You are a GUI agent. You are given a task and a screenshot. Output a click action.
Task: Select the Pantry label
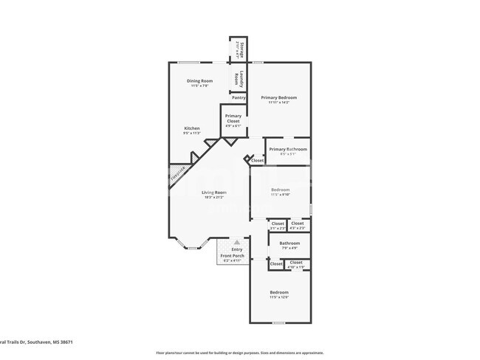click(239, 97)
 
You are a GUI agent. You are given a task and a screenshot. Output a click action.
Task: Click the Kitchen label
click(191, 128)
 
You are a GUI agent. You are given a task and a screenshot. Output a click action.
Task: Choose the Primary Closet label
click(233, 117)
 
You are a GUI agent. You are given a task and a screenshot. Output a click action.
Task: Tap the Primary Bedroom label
click(278, 97)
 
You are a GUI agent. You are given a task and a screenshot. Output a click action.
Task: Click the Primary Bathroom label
click(287, 150)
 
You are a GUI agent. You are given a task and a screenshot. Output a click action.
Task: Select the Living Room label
click(215, 193)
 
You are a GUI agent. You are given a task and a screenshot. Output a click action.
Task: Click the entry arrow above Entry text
click(236, 242)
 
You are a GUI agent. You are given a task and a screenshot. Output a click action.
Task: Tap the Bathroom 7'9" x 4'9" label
click(289, 243)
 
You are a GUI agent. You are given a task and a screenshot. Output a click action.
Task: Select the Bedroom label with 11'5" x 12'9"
click(278, 293)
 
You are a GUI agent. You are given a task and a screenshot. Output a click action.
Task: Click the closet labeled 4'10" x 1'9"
click(296, 263)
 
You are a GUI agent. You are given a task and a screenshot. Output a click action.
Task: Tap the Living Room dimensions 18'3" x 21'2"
click(215, 197)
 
